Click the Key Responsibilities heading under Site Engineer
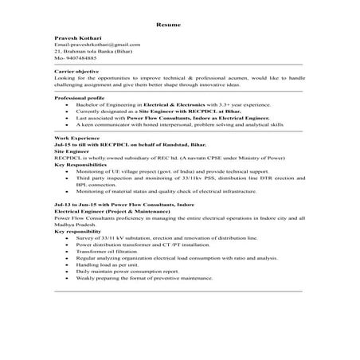pos(82,163)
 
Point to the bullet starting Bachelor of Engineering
pos(180,104)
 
